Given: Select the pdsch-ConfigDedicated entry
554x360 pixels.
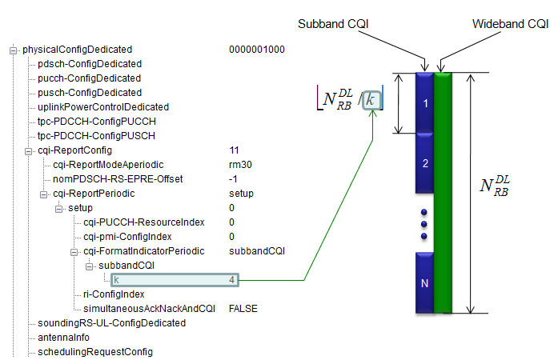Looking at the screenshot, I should [x=90, y=64].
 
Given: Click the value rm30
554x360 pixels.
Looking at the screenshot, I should [x=239, y=164].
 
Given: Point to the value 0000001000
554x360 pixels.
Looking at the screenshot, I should [x=256, y=50].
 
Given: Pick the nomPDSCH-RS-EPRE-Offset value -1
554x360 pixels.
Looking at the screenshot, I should [x=234, y=178].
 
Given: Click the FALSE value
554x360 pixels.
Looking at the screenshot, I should [x=243, y=308].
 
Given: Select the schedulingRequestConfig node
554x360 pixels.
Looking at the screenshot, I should [x=95, y=351].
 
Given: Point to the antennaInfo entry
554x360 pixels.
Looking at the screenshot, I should [x=63, y=337].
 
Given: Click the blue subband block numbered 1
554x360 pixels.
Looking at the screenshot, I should [x=425, y=103].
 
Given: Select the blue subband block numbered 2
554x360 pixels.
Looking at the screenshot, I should [x=425, y=163].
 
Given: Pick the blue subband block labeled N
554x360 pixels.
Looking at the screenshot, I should [x=425, y=282].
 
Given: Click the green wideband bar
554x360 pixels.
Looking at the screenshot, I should [x=444, y=192].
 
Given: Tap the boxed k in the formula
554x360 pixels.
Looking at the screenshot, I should [x=371, y=100].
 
